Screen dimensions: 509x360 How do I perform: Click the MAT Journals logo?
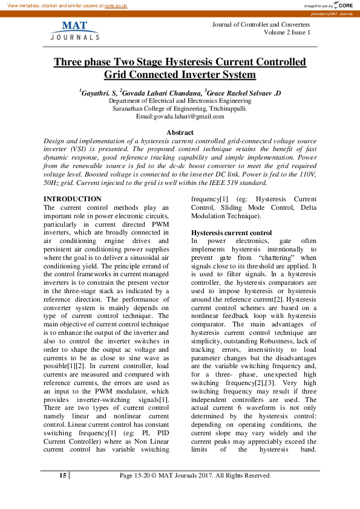point(74,31)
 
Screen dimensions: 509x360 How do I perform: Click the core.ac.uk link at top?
point(116,4)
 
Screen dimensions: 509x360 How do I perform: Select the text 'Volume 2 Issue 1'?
point(287,32)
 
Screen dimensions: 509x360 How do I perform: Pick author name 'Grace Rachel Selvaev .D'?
point(244,93)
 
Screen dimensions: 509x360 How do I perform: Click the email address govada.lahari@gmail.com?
point(189,116)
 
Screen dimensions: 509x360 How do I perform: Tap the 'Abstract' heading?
point(180,132)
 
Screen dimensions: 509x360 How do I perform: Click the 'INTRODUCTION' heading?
point(73,199)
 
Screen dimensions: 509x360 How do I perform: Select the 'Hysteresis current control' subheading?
point(232,233)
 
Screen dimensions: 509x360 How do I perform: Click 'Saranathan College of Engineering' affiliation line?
point(180,108)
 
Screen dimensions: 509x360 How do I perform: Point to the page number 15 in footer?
point(62,476)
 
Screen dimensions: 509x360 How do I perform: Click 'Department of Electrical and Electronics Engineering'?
point(180,101)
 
